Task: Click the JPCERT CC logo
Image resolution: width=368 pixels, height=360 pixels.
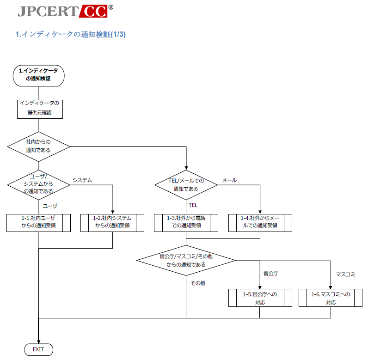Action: (x=65, y=11)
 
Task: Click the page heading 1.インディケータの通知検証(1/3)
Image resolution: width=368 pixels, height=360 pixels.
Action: (x=71, y=34)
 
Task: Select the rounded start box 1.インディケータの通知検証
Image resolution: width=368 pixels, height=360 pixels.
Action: (x=38, y=75)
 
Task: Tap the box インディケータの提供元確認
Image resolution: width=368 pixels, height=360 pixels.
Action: (x=38, y=108)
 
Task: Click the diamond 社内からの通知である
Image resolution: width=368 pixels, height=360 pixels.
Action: (x=38, y=146)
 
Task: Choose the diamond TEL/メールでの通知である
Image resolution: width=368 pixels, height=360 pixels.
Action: (x=186, y=184)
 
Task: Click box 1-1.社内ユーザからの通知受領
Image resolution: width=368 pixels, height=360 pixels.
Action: (x=38, y=222)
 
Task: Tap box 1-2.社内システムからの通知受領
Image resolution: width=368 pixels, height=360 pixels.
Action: (x=112, y=222)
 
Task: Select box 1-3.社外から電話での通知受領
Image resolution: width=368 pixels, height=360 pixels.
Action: (x=186, y=222)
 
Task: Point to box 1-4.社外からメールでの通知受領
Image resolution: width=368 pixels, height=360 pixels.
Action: (x=260, y=222)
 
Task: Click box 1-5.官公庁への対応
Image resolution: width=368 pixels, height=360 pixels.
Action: (x=260, y=298)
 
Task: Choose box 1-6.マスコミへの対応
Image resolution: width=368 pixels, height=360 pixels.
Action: (x=330, y=298)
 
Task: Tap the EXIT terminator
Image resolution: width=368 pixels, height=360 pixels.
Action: (x=38, y=349)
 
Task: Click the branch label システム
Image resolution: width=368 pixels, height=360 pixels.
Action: (x=82, y=180)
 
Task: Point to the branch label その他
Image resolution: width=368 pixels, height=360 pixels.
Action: (x=197, y=283)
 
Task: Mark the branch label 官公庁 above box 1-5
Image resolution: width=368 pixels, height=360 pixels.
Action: (x=270, y=274)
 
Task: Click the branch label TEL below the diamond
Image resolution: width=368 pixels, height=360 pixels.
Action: (x=193, y=204)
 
